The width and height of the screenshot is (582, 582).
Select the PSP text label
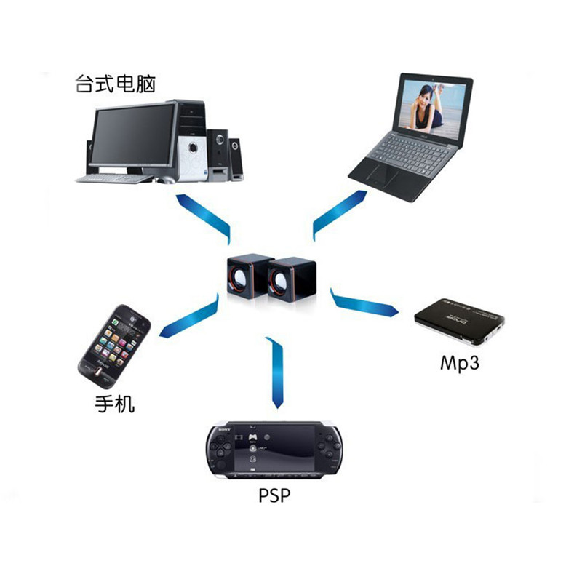pyautogui.click(x=274, y=497)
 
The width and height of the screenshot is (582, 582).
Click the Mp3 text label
pyautogui.click(x=459, y=362)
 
